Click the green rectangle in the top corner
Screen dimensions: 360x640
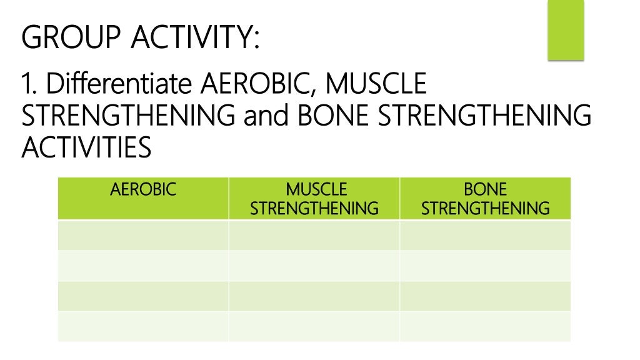[565, 31]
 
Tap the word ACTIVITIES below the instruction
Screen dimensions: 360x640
[86, 148]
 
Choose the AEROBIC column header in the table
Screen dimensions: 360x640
[143, 189]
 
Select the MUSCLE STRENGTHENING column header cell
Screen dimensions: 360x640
[314, 199]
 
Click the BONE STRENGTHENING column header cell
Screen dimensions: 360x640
[485, 199]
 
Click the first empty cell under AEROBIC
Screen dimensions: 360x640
[143, 236]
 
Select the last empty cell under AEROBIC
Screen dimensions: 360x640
[143, 326]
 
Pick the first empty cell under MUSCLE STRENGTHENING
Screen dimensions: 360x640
[314, 236]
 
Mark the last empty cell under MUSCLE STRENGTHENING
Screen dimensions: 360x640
[314, 326]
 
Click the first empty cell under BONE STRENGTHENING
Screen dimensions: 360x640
[485, 236]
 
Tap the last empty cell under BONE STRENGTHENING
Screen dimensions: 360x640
[485, 326]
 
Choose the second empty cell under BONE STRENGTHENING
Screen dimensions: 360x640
[485, 266]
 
